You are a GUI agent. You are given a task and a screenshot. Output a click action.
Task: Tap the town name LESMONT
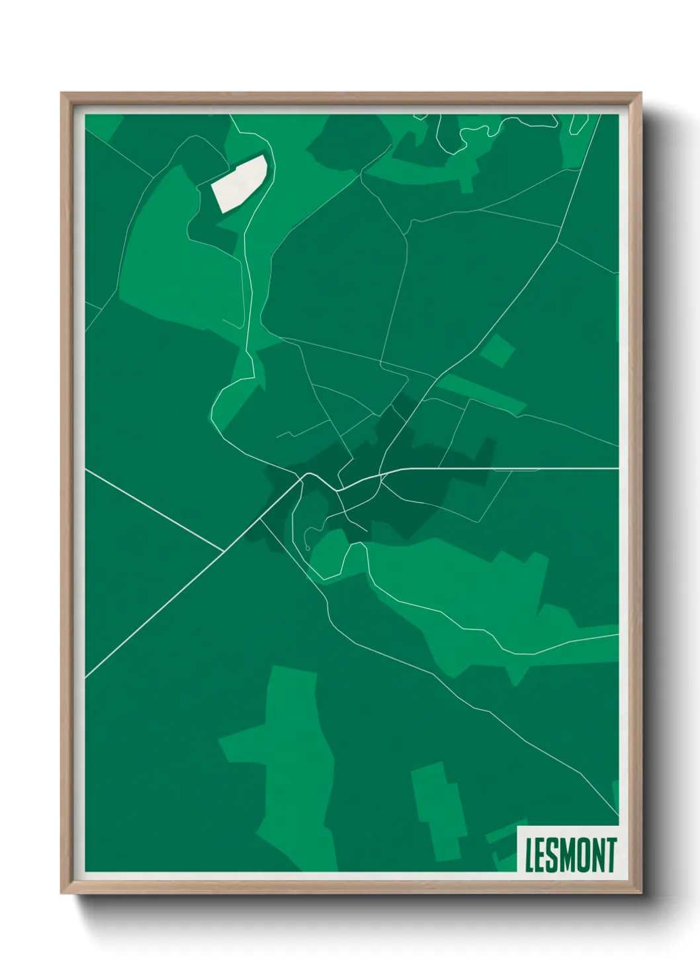click(570, 855)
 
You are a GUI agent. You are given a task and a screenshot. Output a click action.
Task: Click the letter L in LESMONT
click(529, 855)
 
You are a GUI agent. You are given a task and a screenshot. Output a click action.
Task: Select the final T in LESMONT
click(611, 855)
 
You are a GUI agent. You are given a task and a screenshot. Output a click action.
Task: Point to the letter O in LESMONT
click(583, 855)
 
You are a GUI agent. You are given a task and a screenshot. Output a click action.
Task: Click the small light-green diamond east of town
click(497, 350)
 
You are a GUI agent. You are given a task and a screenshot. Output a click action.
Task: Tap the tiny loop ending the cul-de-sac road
click(308, 548)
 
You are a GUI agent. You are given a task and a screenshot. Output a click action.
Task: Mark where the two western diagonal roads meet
click(224, 551)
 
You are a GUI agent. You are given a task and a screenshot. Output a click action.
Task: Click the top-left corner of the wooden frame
click(62, 94)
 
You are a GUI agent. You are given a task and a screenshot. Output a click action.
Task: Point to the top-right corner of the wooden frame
click(640, 94)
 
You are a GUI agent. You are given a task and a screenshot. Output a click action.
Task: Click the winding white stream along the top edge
click(463, 136)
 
